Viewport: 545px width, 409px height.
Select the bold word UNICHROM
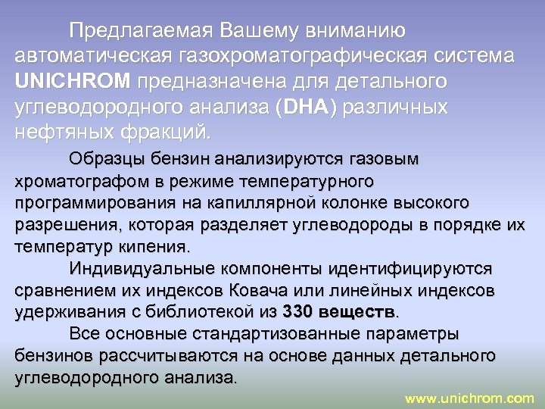pos(72,81)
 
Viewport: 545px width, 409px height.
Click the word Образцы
pos(101,160)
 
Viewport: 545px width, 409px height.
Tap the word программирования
pos(93,203)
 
